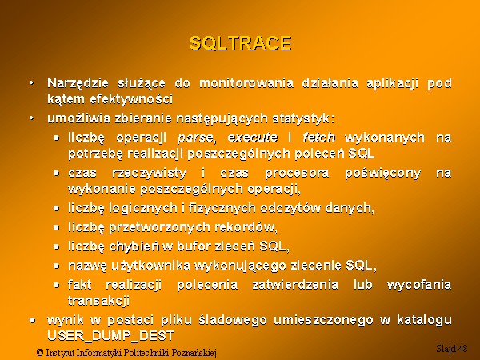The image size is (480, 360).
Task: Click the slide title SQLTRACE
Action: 240,43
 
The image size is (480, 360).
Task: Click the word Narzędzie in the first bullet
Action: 78,83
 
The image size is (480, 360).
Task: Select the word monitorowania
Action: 246,83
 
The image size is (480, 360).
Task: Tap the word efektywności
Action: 131,99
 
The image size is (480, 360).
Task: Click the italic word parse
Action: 195,138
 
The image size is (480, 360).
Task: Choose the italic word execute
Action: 253,138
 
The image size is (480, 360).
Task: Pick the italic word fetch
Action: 318,137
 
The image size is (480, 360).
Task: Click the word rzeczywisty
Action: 149,174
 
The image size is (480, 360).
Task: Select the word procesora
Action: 297,174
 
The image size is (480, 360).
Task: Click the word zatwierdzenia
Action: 295,285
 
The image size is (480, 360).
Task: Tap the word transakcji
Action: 98,300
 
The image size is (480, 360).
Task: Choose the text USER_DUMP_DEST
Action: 111,336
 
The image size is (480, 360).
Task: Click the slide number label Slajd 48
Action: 451,348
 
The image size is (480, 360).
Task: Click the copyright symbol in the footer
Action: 40,353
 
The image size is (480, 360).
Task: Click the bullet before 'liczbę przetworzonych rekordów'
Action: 56,227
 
